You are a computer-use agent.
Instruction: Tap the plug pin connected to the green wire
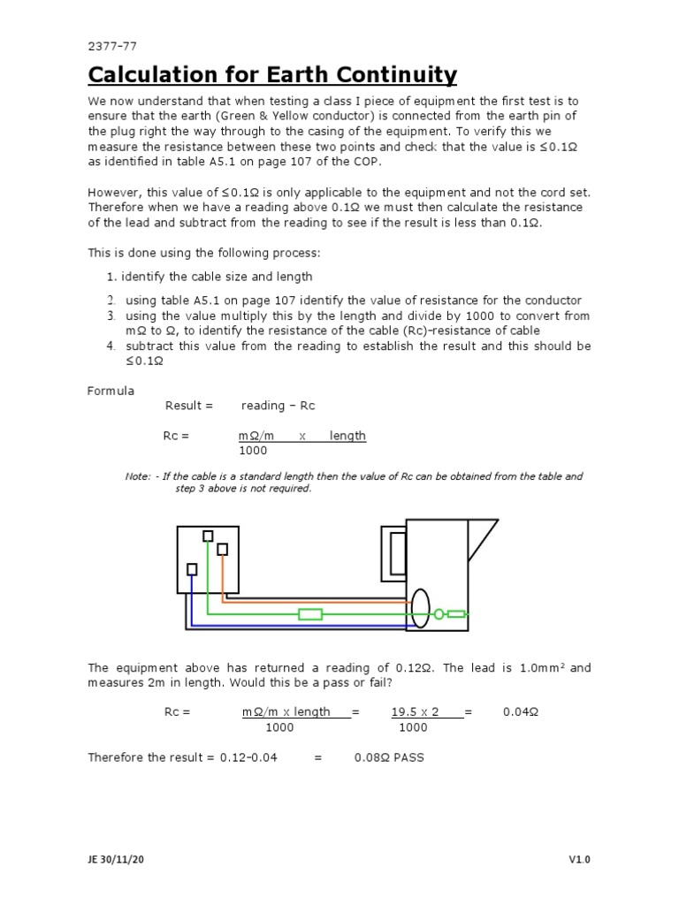[208, 536]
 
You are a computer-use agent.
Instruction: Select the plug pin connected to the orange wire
[222, 550]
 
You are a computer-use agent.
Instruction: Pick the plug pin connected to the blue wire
[191, 569]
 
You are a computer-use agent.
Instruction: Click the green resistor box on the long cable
[310, 614]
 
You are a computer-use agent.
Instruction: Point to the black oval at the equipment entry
[421, 608]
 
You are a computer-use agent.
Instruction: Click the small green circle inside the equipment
[439, 614]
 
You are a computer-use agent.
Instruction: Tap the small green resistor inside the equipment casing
[456, 614]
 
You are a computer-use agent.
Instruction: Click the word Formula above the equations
[111, 390]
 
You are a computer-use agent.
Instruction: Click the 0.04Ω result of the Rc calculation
[519, 711]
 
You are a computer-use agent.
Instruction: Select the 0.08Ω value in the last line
[370, 757]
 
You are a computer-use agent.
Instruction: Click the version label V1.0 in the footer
[579, 859]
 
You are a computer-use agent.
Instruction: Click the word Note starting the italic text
[137, 476]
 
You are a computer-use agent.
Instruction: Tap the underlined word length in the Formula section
[347, 436]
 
